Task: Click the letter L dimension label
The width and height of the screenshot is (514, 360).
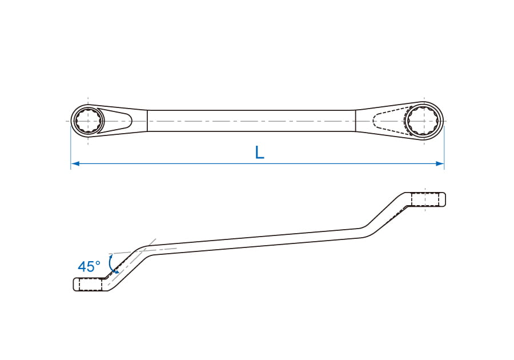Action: (x=259, y=153)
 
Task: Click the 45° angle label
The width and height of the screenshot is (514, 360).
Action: (x=89, y=266)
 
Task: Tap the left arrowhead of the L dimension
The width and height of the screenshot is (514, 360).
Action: (x=75, y=163)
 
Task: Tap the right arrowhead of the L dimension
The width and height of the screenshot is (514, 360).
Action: (x=440, y=163)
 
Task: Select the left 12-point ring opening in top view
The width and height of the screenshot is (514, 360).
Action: (x=88, y=121)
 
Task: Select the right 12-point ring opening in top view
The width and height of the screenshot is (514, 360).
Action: (x=424, y=121)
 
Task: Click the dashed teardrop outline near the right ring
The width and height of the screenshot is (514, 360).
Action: (x=390, y=121)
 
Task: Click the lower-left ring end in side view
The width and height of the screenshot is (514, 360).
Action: (x=89, y=284)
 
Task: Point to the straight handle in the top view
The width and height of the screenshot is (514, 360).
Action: (x=251, y=121)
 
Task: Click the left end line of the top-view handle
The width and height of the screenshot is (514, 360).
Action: (x=147, y=121)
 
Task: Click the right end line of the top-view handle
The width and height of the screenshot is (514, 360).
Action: (x=356, y=121)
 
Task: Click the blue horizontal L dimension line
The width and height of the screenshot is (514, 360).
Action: (x=258, y=163)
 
